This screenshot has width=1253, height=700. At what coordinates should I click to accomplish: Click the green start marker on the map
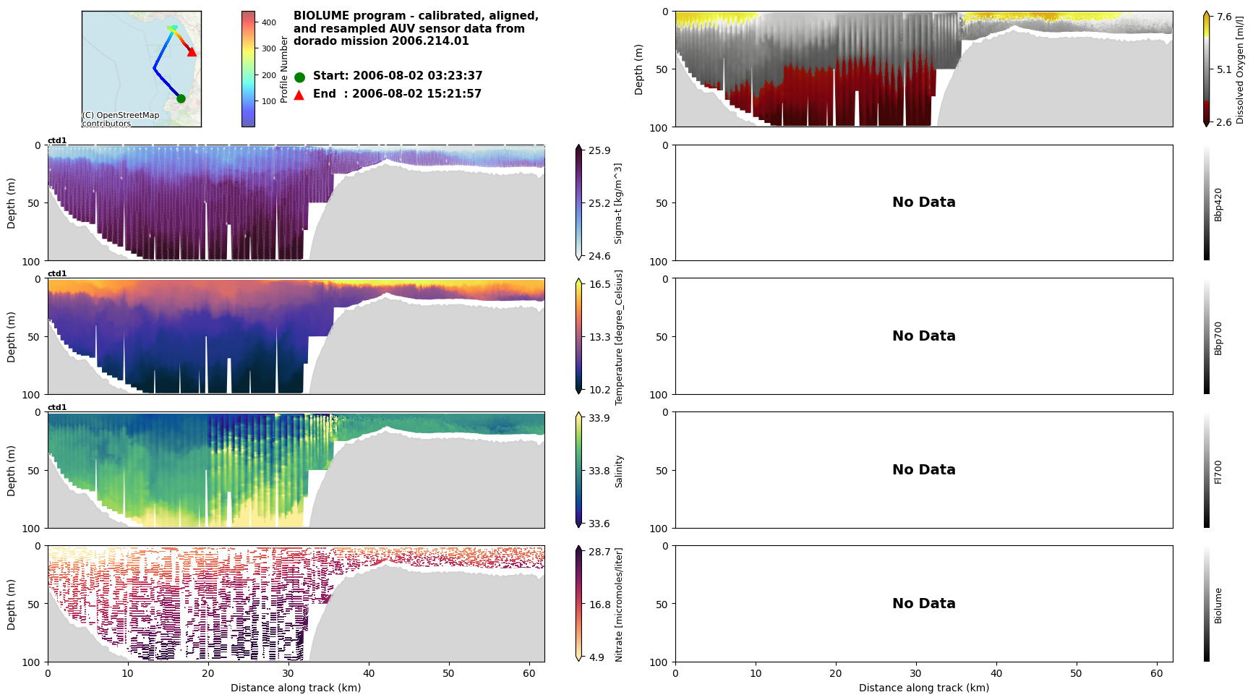(181, 98)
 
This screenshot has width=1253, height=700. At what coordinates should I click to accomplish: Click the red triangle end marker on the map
(192, 52)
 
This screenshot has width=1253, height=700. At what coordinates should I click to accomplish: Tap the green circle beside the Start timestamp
(299, 77)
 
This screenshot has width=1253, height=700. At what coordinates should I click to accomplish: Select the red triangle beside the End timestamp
(299, 95)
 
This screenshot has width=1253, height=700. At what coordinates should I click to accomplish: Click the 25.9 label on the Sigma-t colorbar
(599, 150)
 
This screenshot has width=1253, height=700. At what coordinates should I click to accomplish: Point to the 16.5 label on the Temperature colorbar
(599, 284)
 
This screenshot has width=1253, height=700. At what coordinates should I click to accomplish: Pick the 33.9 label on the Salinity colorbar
(599, 418)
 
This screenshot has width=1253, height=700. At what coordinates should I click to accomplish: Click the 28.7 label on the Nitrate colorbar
(599, 552)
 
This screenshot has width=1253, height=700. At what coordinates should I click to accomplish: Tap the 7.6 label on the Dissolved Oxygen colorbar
(1224, 17)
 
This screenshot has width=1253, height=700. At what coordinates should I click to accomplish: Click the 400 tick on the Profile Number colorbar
(269, 22)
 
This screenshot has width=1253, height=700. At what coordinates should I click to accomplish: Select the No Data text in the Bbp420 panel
(923, 202)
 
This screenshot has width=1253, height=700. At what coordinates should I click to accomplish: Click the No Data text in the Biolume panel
(923, 604)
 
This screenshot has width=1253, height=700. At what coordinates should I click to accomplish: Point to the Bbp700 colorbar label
(1218, 338)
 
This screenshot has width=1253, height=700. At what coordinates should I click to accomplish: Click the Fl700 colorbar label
(1218, 471)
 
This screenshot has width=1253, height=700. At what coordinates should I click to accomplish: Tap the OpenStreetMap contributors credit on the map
(120, 119)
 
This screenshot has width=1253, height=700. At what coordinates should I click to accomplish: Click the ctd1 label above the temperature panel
(57, 274)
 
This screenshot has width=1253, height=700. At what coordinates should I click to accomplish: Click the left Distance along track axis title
(296, 688)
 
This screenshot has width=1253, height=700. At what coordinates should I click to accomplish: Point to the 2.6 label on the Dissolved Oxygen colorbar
(1224, 122)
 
